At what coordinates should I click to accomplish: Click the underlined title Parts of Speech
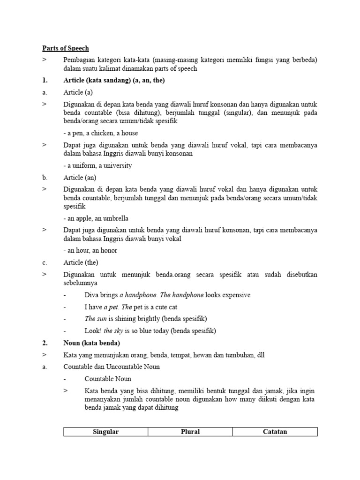click(65, 48)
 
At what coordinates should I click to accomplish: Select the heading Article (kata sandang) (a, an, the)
click(114, 80)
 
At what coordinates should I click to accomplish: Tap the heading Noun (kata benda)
click(91, 343)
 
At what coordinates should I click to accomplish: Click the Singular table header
click(105, 432)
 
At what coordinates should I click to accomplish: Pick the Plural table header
click(190, 432)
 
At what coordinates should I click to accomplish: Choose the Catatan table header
click(275, 432)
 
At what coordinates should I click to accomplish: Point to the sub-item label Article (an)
click(80, 177)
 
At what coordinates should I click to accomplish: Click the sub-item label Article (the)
click(81, 262)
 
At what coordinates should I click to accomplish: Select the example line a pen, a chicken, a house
click(101, 133)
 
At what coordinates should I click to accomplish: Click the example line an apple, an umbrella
click(96, 218)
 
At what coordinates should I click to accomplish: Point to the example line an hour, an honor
click(90, 250)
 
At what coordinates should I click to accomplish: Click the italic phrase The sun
click(94, 319)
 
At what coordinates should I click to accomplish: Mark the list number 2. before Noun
click(45, 343)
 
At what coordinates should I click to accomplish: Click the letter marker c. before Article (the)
click(45, 262)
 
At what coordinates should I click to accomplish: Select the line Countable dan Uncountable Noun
click(112, 367)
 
